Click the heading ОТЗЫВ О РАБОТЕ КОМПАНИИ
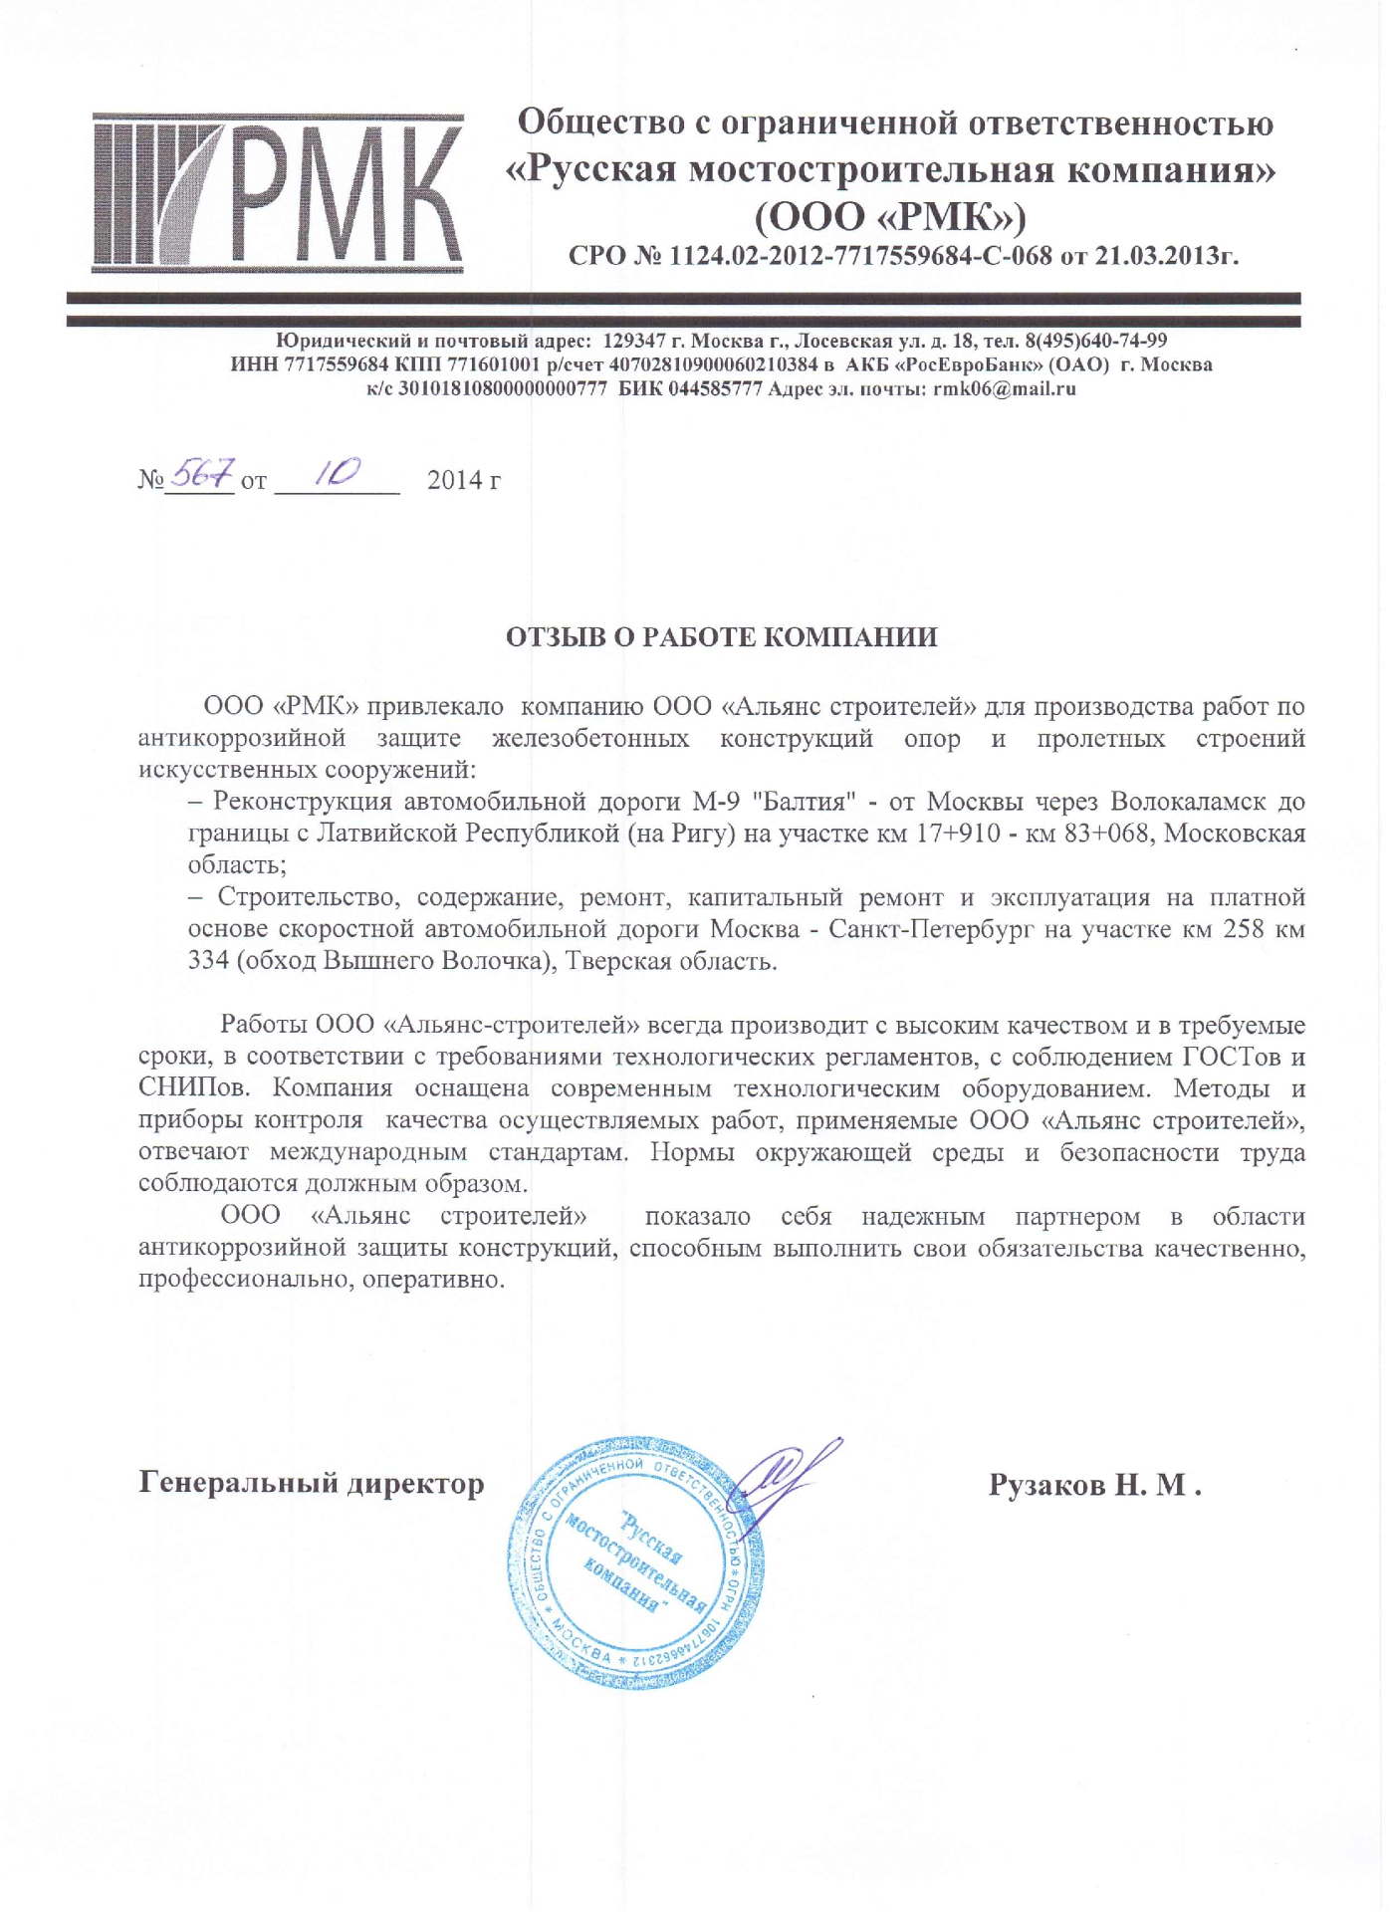(721, 637)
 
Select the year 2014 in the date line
(456, 480)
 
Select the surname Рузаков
(1045, 1485)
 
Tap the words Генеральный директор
(311, 1483)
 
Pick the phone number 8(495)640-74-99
(1095, 342)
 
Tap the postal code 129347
(636, 342)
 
